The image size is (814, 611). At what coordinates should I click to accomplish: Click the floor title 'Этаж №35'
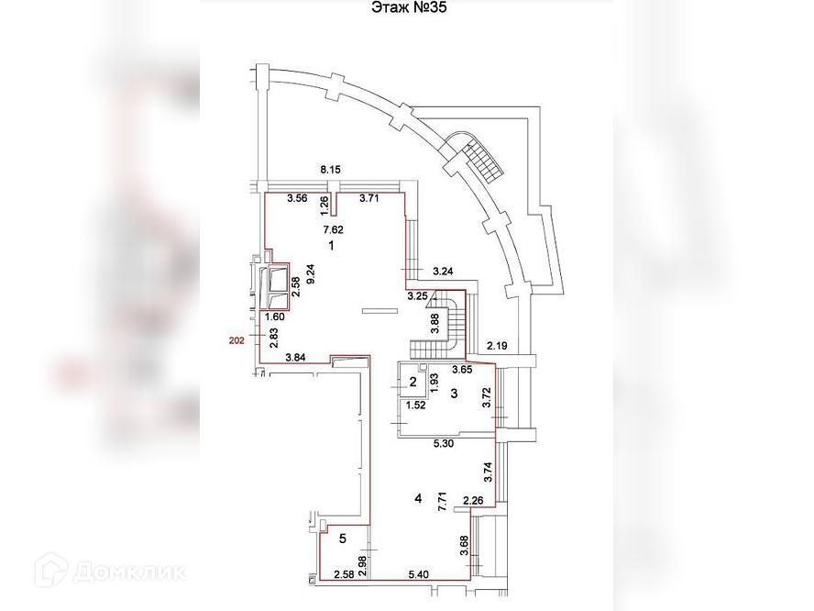(x=407, y=8)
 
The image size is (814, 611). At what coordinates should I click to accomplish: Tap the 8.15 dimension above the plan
(x=330, y=170)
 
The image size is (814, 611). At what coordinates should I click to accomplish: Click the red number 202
(x=237, y=339)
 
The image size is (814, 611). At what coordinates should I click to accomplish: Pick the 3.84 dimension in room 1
(x=296, y=357)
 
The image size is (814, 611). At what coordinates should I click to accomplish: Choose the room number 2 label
(x=413, y=383)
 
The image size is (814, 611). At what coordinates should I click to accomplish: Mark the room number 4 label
(x=418, y=498)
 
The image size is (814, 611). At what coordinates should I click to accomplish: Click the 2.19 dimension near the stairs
(x=497, y=345)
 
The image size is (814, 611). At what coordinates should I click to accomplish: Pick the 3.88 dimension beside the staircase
(x=435, y=322)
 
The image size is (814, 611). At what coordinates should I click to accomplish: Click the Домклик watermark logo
(x=110, y=572)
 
